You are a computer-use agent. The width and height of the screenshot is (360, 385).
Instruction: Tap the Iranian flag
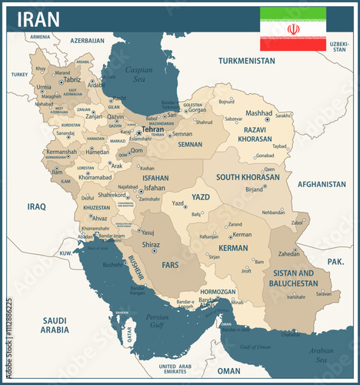click(x=292, y=28)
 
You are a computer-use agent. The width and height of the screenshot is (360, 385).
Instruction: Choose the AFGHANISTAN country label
click(x=322, y=185)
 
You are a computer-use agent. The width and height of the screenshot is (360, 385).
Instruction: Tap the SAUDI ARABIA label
click(x=55, y=325)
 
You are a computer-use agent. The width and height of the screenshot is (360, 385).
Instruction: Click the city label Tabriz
click(x=72, y=79)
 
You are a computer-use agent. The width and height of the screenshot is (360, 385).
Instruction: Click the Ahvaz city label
click(x=100, y=218)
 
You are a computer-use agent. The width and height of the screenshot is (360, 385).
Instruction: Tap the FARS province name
click(x=171, y=264)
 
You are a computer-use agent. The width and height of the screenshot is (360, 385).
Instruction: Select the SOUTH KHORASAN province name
click(x=248, y=177)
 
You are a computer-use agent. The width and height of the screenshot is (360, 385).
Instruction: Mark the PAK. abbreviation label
click(x=335, y=262)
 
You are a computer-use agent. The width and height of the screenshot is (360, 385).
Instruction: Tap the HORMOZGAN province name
click(x=218, y=293)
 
